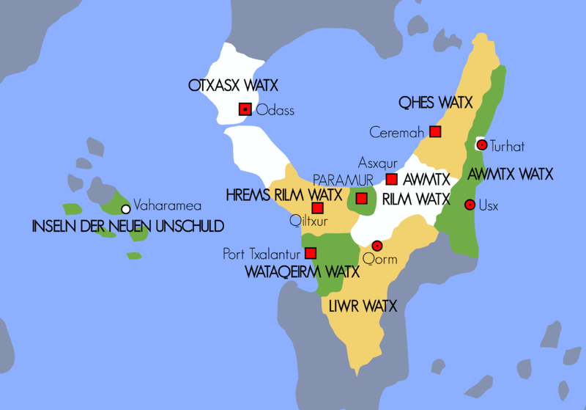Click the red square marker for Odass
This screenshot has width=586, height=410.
point(245,110)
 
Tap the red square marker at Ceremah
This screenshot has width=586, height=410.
point(435,131)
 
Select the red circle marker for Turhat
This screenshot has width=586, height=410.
point(482,145)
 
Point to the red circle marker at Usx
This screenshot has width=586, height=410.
point(470,205)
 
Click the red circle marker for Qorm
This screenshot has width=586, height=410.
point(377,246)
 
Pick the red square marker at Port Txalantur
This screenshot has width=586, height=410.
point(311,253)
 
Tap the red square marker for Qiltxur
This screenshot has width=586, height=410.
point(317,208)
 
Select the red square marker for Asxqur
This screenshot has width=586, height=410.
point(392,179)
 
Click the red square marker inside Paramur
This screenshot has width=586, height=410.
point(361,198)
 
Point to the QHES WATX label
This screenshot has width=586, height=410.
point(436,102)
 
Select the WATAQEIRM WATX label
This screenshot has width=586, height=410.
point(302,272)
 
